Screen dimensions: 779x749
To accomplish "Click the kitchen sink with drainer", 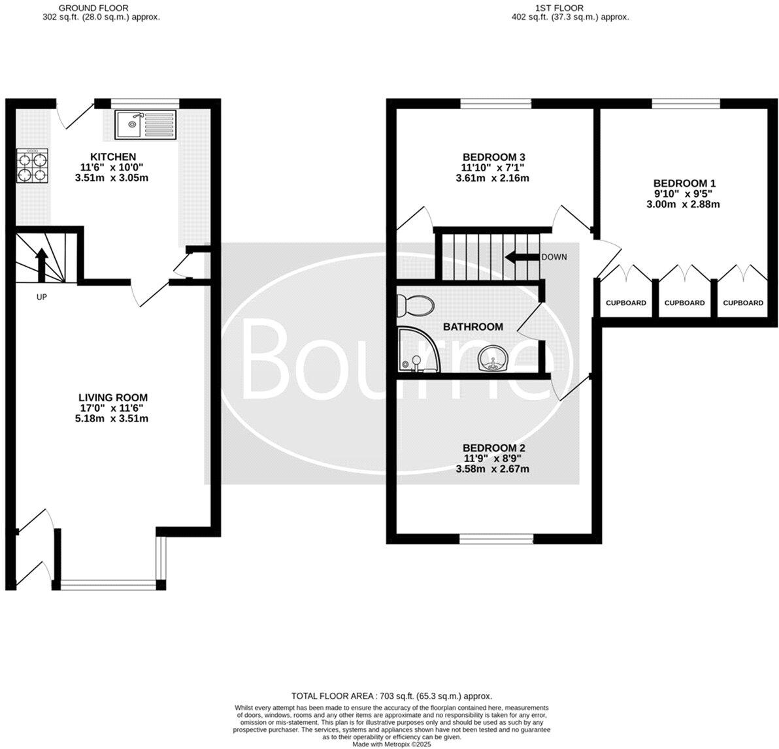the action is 146,125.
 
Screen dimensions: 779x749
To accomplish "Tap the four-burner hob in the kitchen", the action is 32,166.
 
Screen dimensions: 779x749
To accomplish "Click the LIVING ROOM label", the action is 113,397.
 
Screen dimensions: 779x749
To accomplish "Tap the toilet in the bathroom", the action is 416,304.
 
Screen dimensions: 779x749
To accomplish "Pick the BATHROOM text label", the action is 473,327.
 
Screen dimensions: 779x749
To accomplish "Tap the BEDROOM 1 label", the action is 685,183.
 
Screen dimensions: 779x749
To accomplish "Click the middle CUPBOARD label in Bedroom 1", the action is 685,303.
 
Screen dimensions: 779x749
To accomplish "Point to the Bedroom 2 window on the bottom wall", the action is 496,539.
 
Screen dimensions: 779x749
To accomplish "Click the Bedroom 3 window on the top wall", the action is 496,103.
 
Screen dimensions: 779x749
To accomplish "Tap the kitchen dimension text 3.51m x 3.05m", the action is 112,177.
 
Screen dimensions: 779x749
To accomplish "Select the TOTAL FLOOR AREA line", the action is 391,696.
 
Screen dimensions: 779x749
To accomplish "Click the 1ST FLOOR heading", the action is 559,8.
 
